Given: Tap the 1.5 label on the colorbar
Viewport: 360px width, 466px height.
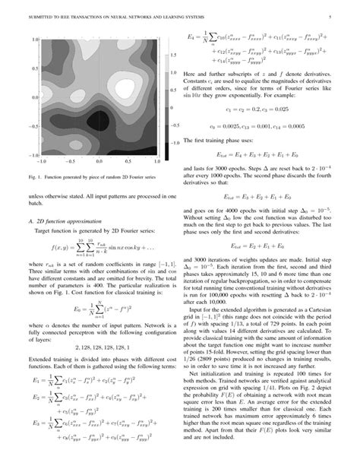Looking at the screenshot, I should click(x=174, y=38).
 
